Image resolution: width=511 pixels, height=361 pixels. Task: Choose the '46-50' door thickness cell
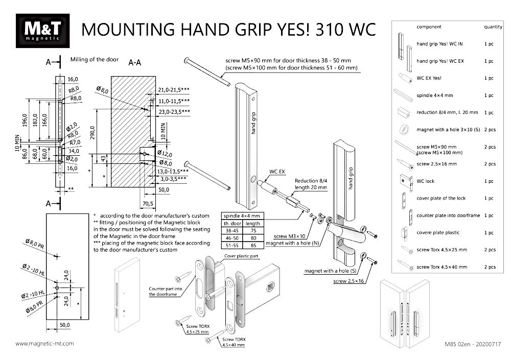pyautogui.click(x=232, y=237)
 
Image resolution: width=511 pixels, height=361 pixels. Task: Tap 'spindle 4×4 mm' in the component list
pyautogui.click(x=435, y=95)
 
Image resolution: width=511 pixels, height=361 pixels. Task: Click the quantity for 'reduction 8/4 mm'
pyautogui.click(x=489, y=112)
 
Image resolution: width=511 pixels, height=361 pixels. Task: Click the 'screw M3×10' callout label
pyautogui.click(x=288, y=236)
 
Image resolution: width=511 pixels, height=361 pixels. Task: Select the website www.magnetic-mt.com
pyautogui.click(x=45, y=344)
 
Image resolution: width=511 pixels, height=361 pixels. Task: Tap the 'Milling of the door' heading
pyautogui.click(x=95, y=60)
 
